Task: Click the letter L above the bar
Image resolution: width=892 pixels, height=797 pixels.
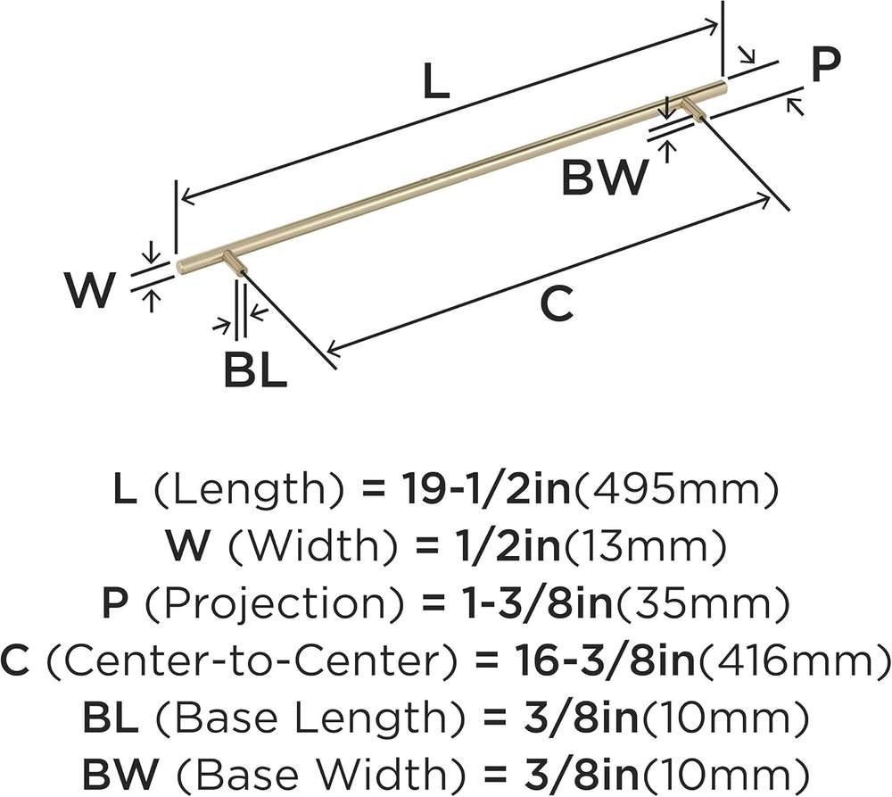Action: (436, 81)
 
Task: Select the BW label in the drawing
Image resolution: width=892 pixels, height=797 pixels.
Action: (605, 177)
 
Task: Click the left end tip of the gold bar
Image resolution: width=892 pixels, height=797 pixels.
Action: (178, 267)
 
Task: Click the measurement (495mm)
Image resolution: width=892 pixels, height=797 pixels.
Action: (674, 489)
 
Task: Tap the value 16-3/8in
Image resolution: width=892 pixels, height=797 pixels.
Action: (604, 660)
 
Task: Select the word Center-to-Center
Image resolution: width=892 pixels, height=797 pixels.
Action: (252, 661)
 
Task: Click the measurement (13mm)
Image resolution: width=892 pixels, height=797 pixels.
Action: (644, 546)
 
